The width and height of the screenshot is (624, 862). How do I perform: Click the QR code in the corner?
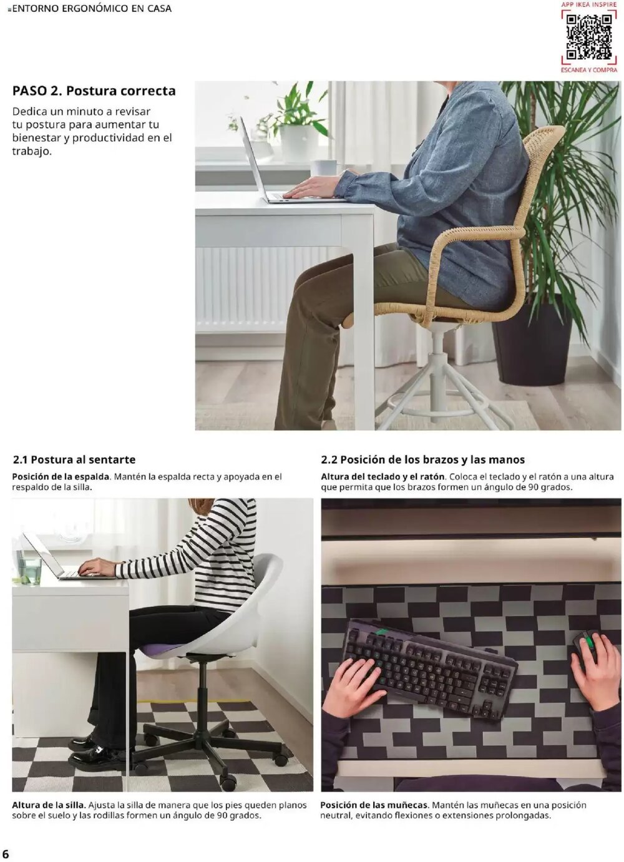[x=588, y=36]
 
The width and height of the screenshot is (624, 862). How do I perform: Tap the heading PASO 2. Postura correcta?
[x=94, y=91]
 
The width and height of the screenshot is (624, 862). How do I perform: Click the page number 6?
[x=6, y=853]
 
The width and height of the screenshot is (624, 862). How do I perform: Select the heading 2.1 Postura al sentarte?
[x=74, y=460]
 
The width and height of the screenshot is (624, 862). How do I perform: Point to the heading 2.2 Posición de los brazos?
[x=422, y=460]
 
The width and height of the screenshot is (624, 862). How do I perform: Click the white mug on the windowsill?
[x=325, y=167]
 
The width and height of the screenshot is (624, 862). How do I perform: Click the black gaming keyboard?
[x=431, y=668]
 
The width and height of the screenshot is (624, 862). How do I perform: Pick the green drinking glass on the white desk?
[x=29, y=569]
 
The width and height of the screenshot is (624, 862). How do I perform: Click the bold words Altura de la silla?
[x=49, y=805]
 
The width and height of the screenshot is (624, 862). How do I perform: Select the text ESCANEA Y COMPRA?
[x=588, y=70]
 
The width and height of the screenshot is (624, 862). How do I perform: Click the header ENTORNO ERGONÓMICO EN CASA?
[x=90, y=9]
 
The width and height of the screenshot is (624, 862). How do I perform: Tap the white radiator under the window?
[x=262, y=287]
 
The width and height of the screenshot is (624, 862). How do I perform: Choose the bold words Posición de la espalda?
[x=61, y=477]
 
